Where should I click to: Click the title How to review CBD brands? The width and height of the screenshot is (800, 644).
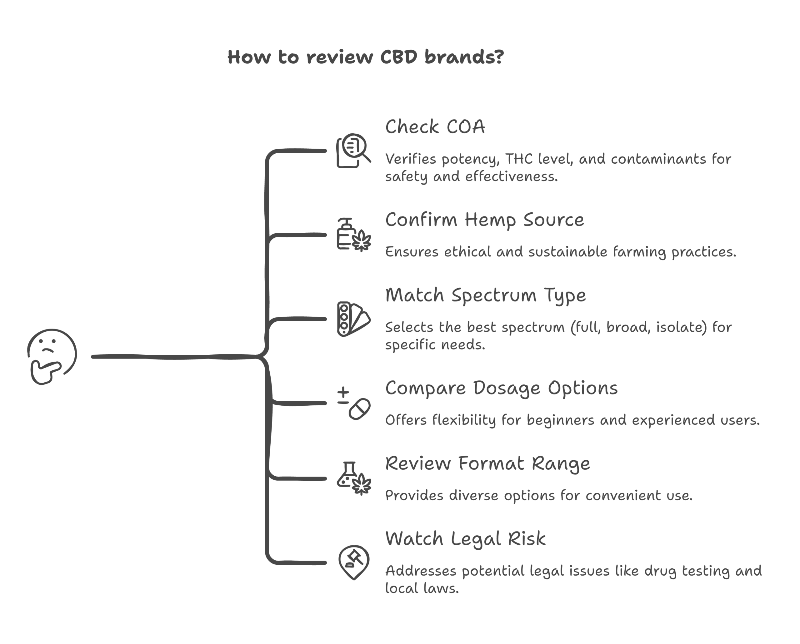[365, 57]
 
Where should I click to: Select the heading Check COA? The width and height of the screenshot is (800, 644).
[435, 127]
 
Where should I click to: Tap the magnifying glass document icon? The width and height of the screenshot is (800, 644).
[353, 151]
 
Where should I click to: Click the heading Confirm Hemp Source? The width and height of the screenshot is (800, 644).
[484, 220]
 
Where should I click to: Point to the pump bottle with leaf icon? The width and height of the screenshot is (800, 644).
[353, 235]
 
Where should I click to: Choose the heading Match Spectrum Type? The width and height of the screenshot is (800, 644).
[485, 296]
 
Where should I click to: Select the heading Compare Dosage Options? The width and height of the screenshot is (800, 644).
[501, 389]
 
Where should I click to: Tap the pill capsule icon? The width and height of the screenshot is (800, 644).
[359, 409]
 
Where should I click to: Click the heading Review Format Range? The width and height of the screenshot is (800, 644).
[487, 464]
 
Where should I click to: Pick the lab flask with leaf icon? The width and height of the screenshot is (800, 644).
[353, 478]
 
